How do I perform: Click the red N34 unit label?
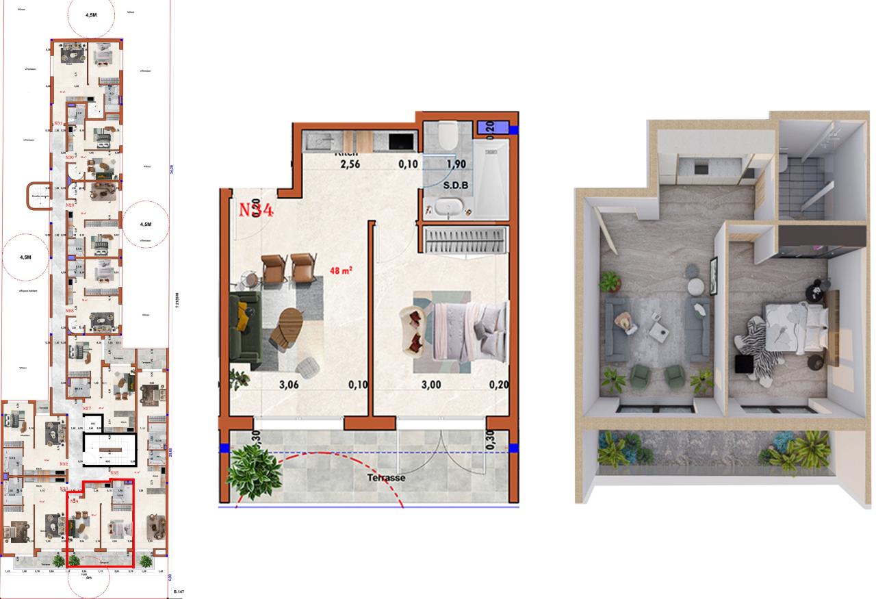pos(256,209)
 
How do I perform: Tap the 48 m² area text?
pos(340,271)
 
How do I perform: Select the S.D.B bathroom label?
pos(456,186)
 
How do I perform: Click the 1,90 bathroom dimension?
pos(456,164)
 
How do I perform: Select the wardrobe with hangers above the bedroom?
pos(465,240)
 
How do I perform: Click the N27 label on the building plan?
pos(87,409)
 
